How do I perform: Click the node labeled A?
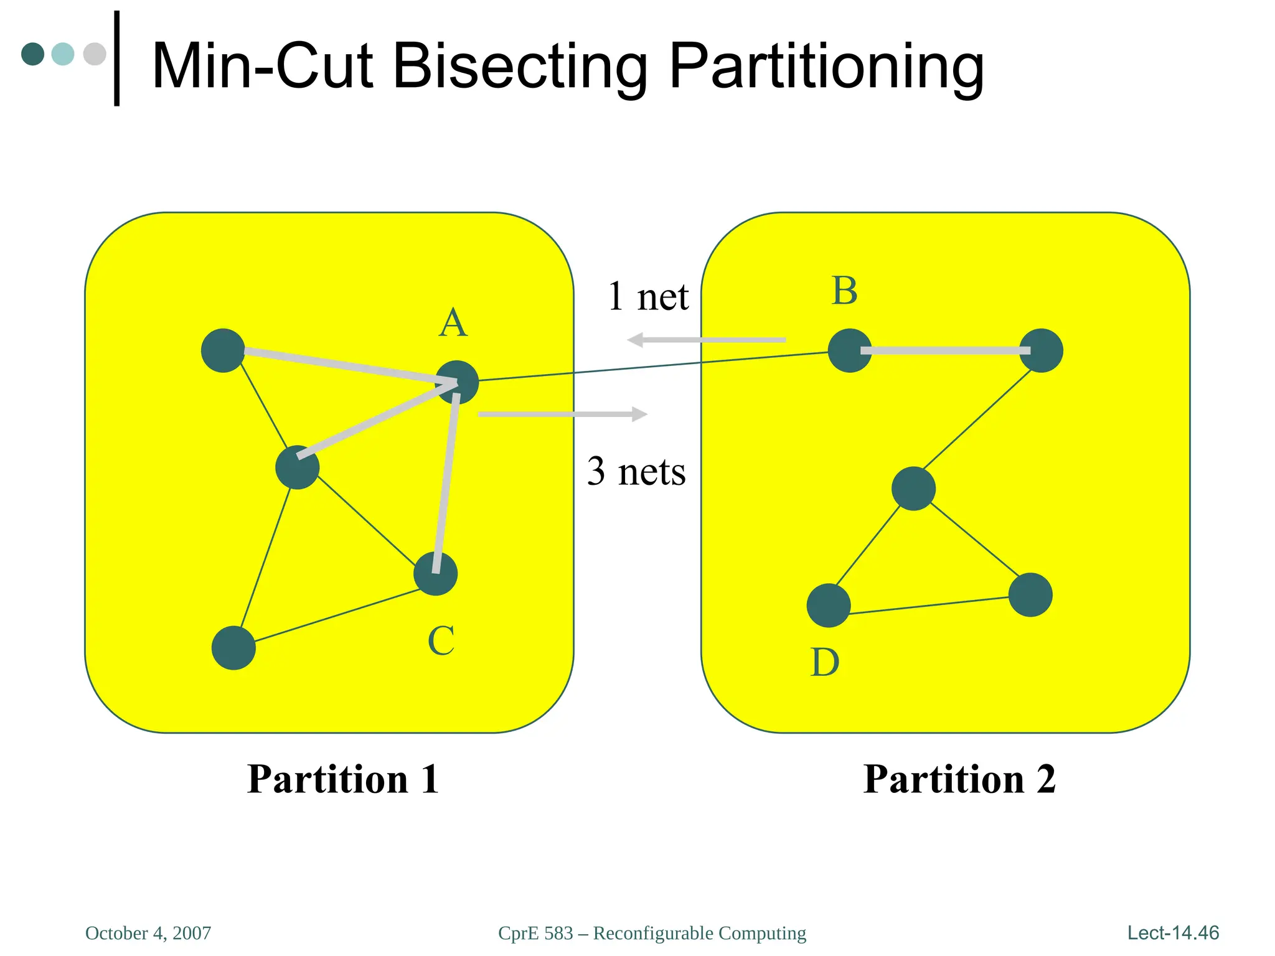457,382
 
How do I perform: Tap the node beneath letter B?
850,350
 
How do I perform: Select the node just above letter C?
436,573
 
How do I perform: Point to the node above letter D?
829,605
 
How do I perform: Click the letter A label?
453,323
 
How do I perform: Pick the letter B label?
845,291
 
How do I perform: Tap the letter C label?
441,641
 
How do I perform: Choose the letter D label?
825,662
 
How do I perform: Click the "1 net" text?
647,296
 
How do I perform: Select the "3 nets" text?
636,471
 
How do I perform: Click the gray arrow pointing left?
706,340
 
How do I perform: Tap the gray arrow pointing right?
563,414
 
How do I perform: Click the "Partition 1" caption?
343,779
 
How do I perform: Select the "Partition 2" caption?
959,779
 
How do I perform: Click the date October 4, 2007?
148,933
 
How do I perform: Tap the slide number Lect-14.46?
1173,932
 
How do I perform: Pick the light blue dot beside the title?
63,54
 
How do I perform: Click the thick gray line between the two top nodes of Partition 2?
945,351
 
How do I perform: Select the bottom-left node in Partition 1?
233,648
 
